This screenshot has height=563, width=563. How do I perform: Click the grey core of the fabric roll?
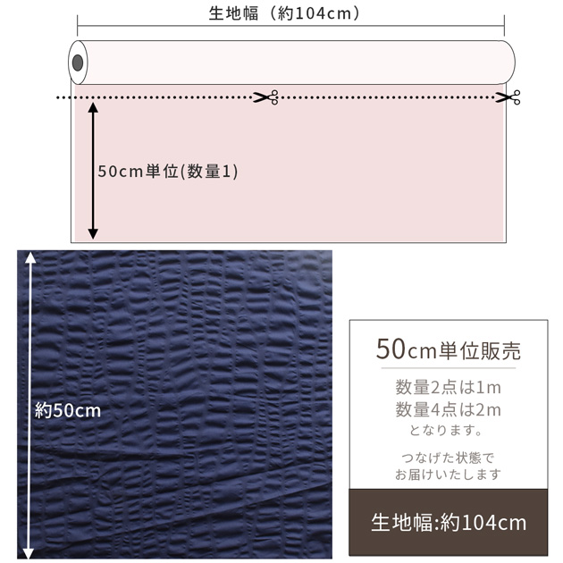point(78,63)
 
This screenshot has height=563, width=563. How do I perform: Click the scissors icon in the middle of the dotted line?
point(265,97)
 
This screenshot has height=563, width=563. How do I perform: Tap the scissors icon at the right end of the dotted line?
point(508,97)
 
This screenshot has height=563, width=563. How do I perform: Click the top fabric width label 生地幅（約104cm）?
point(284,13)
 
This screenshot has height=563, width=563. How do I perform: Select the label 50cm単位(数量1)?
point(168,172)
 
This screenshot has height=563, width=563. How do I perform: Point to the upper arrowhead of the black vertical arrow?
point(93,107)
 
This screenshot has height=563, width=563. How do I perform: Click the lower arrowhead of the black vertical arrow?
point(93,234)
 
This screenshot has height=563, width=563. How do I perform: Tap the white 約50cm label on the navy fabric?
point(68,410)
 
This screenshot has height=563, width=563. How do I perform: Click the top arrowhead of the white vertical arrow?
point(30,257)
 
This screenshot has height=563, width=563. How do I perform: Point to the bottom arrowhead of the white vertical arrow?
point(29,553)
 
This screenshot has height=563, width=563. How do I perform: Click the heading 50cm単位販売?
point(449,349)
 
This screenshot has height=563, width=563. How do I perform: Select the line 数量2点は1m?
point(448,387)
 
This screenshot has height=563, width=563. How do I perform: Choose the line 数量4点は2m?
point(448,409)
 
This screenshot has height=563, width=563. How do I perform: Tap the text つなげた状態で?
point(448,458)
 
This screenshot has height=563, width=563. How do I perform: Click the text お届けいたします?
point(448,475)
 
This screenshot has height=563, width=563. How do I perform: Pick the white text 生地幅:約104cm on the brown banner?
point(449,523)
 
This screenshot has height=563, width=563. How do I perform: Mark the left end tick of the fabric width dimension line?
point(77,26)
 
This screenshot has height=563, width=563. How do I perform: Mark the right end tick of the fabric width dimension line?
point(504,26)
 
